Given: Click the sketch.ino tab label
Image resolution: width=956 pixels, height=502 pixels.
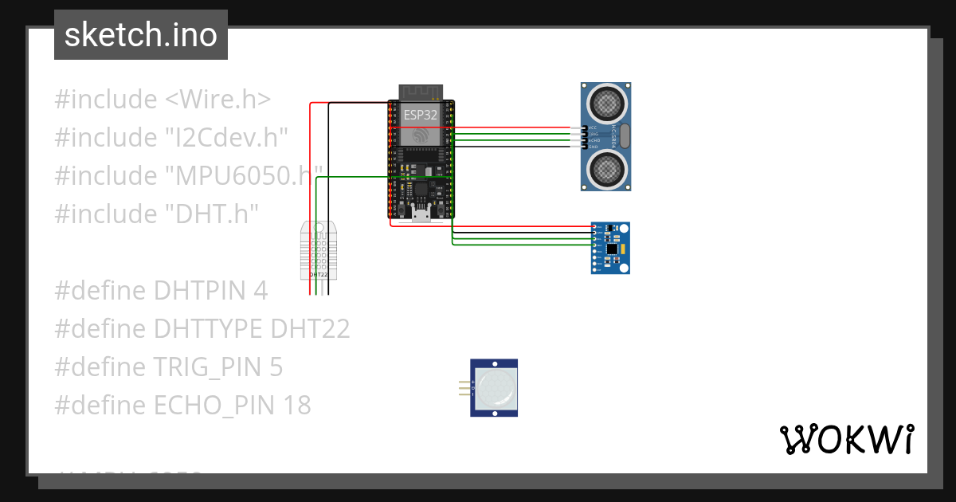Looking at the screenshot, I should [140, 35].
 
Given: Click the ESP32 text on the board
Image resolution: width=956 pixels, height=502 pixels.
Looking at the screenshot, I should [420, 115].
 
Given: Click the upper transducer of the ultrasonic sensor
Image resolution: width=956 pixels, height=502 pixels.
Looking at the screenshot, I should [605, 102].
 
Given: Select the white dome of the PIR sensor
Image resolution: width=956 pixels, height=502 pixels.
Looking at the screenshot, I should [496, 388].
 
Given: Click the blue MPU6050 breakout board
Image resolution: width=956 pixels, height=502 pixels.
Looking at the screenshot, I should [611, 248].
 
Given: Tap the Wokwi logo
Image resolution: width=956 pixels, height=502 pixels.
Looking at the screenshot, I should [846, 439].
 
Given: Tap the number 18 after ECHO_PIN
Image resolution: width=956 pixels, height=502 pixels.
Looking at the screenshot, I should [296, 406].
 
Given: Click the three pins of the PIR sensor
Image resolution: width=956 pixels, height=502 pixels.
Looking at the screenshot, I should [464, 388].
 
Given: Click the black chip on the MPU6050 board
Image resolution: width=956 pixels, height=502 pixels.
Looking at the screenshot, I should [611, 249].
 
